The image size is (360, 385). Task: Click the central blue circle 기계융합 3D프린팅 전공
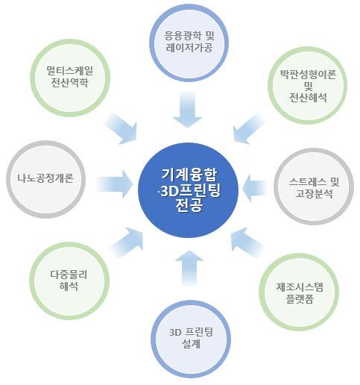click(x=188, y=190)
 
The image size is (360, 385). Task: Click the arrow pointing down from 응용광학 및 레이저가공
click(x=187, y=110)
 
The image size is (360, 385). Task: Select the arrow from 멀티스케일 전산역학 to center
click(x=122, y=129)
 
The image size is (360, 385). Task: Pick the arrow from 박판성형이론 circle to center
click(x=248, y=129)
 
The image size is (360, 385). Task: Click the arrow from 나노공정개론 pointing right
click(x=115, y=184)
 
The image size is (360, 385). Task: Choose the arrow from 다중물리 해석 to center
click(x=127, y=242)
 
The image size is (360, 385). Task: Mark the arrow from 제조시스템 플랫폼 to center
click(x=247, y=242)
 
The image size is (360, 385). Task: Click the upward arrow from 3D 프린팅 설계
click(x=189, y=268)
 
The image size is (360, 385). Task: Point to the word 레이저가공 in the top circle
click(x=189, y=48)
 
